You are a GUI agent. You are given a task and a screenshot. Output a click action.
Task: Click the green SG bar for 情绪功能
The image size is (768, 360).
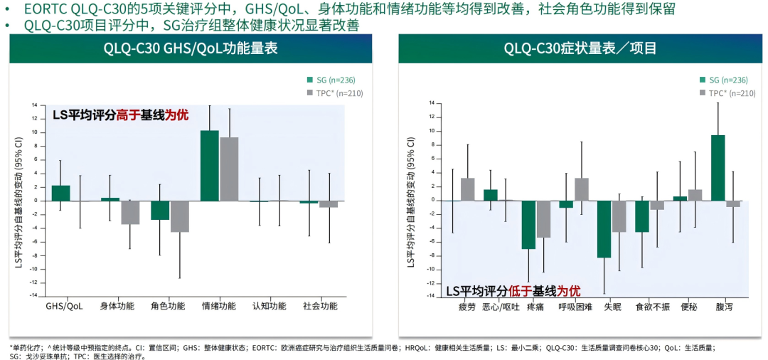(209, 165)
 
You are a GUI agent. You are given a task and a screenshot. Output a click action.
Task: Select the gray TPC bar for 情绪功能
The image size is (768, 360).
(229, 169)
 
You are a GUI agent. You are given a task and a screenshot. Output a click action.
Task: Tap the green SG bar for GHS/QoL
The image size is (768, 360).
(61, 193)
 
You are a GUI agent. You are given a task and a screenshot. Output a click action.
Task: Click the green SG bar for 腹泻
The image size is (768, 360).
(718, 167)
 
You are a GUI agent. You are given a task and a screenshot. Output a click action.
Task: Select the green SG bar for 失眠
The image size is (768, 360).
(604, 228)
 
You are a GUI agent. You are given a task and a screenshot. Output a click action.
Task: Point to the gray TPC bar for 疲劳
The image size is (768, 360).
(467, 189)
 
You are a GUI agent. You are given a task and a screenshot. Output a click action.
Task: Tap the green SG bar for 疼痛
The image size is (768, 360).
(528, 224)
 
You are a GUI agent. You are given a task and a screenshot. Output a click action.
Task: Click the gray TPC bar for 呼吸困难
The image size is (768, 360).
(582, 189)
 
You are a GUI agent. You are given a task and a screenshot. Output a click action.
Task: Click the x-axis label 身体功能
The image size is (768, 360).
(117, 306)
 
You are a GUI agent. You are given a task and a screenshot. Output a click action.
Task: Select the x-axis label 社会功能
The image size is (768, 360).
(320, 306)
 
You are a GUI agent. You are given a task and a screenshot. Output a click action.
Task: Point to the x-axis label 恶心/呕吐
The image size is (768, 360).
(501, 307)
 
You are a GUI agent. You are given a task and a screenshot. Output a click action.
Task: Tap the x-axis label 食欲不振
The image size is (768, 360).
(652, 307)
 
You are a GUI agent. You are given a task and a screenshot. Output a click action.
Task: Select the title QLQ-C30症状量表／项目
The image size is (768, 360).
(580, 49)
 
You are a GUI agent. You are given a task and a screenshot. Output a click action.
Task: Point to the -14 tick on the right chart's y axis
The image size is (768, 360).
(429, 297)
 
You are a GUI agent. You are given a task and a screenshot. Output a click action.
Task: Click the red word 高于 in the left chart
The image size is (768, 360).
(130, 115)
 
